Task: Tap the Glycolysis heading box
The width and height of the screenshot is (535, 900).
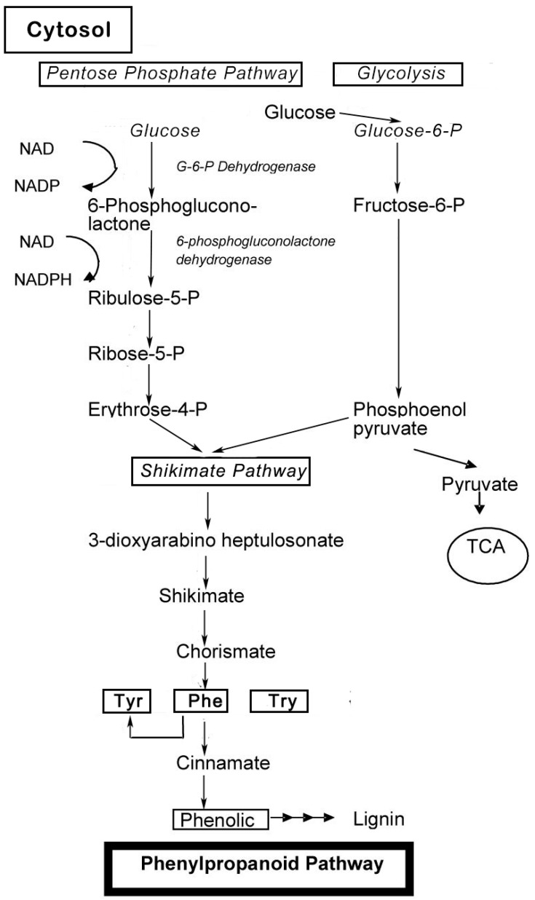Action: tap(399, 74)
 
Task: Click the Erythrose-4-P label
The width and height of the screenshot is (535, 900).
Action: tap(147, 409)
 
